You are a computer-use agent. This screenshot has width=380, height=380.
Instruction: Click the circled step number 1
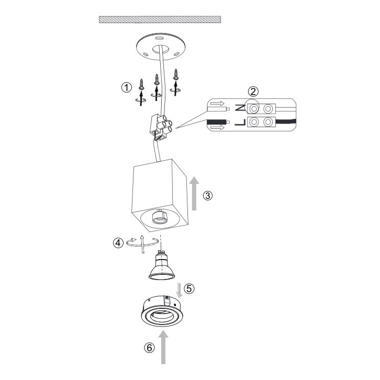[127, 87]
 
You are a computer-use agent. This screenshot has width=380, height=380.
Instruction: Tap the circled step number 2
[253, 92]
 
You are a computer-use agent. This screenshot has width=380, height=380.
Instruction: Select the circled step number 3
[208, 195]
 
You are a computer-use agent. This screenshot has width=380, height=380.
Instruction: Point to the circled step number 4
[118, 242]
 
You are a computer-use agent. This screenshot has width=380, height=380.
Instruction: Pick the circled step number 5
[189, 288]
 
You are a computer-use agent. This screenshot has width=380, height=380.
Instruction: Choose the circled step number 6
[149, 348]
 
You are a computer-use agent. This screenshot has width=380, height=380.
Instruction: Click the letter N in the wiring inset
[240, 108]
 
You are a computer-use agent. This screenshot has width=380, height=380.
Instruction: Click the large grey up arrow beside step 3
[194, 193]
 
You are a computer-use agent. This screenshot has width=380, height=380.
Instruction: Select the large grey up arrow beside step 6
[163, 347]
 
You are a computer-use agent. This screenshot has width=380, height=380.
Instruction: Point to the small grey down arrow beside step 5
[180, 290]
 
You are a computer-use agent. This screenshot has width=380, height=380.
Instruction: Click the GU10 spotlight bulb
[162, 265]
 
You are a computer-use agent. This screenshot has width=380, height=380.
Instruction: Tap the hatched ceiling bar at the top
[160, 20]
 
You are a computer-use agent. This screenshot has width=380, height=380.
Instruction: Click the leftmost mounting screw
[141, 85]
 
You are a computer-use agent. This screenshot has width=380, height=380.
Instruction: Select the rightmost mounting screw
[176, 75]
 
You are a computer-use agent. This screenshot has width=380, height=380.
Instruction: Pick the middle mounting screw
[157, 80]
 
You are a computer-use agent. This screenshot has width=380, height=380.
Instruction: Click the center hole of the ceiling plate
[161, 49]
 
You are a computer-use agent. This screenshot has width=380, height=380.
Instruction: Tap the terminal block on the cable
[160, 128]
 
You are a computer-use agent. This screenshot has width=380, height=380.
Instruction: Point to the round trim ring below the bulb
[162, 311]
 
